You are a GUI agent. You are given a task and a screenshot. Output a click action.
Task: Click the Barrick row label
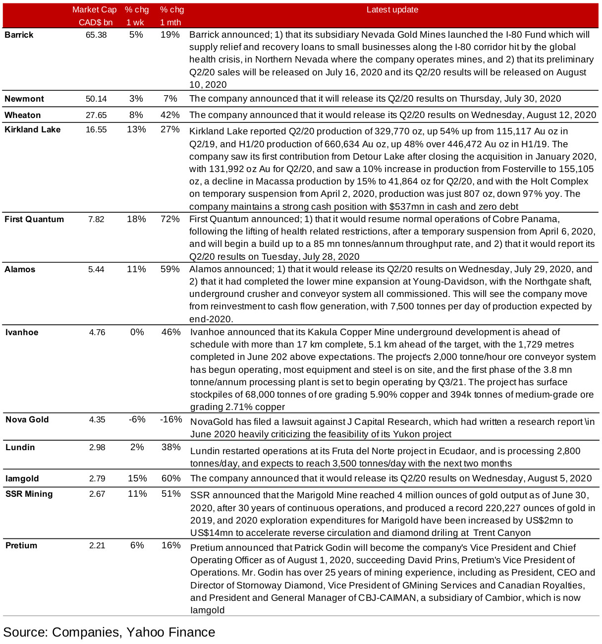click(x=19, y=35)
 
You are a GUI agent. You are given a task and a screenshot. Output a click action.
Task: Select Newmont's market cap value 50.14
click(x=96, y=99)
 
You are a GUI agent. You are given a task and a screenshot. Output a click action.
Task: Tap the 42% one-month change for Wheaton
click(x=170, y=115)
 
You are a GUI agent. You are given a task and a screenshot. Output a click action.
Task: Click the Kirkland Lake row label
click(x=32, y=129)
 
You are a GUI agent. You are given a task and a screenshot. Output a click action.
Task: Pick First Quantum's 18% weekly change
click(x=136, y=219)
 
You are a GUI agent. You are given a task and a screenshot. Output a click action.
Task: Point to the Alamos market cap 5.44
click(x=96, y=269)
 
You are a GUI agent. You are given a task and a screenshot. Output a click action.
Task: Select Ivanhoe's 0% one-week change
click(x=137, y=332)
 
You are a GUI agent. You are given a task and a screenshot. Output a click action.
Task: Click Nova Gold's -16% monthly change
click(x=171, y=419)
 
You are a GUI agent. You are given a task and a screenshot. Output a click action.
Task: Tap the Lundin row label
click(x=20, y=447)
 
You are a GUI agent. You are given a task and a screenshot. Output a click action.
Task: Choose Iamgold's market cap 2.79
click(x=97, y=478)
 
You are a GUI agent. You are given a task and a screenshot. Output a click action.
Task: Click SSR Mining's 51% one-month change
click(x=171, y=494)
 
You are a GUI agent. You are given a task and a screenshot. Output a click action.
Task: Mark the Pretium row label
click(x=21, y=545)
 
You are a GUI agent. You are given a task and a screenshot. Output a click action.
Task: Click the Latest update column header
click(x=392, y=10)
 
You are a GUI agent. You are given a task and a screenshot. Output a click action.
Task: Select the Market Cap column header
click(x=95, y=10)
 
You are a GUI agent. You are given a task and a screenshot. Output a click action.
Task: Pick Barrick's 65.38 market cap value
click(x=96, y=35)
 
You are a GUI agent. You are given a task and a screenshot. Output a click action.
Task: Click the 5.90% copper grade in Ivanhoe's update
click(x=384, y=395)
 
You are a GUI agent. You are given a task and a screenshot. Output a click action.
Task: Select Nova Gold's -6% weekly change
click(x=137, y=419)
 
